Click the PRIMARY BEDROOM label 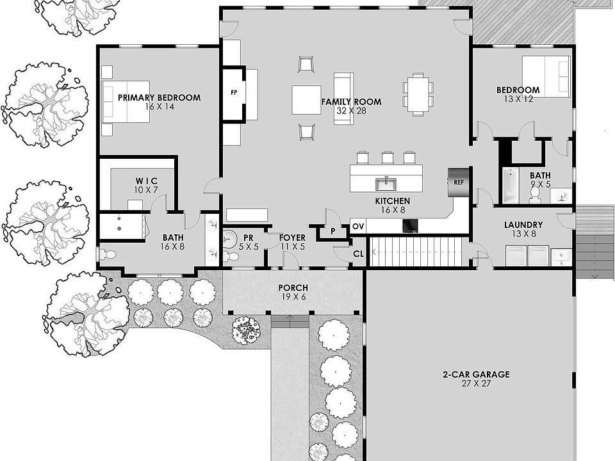[x=159, y=98]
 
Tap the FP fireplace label [x=234, y=92]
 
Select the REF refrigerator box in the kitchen [x=459, y=182]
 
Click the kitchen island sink [x=386, y=184]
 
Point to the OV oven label [x=358, y=227]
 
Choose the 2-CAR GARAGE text [x=476, y=375]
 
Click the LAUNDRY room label [x=523, y=225]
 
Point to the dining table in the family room [x=418, y=94]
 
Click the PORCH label [x=293, y=288]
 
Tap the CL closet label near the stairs [x=358, y=254]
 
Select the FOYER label [x=293, y=238]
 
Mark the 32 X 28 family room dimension [x=350, y=111]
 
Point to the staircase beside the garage [x=416, y=251]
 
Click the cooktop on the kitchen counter [x=410, y=225]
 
